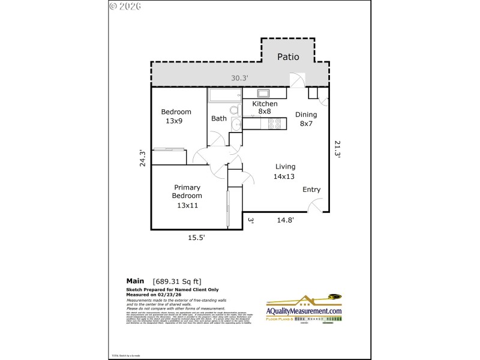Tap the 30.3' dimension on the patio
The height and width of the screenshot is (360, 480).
click(240, 77)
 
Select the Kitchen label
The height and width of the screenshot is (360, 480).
click(265, 104)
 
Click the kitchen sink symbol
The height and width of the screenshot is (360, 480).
click(264, 93)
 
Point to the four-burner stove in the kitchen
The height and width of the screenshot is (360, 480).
click(274, 124)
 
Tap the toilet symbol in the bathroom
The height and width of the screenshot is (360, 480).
click(235, 110)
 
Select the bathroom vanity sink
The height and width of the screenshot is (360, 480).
click(236, 124)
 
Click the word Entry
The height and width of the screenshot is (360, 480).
click(311, 190)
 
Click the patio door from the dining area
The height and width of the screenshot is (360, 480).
click(298, 80)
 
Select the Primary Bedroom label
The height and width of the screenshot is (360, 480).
click(187, 196)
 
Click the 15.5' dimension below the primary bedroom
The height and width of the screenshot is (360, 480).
click(197, 238)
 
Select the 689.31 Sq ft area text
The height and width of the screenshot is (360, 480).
click(177, 280)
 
